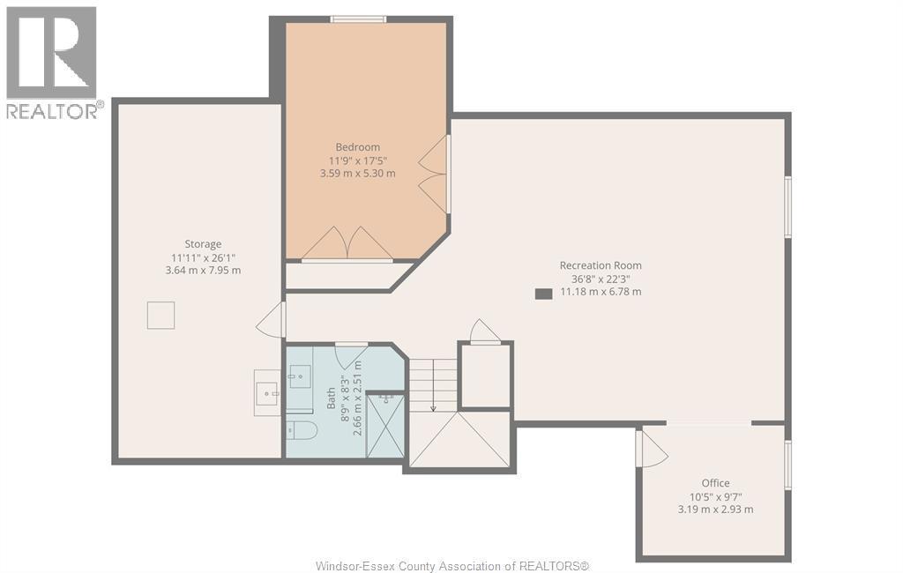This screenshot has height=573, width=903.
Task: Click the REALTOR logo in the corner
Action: point(52,62)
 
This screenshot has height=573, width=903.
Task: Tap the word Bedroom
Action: point(357,147)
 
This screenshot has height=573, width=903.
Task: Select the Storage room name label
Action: point(203,244)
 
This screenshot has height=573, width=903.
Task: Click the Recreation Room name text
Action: point(601,265)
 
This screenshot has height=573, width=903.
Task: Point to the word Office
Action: point(715,483)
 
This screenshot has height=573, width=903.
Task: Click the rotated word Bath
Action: point(332,398)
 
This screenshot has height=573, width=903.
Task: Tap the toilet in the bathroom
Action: point(302,431)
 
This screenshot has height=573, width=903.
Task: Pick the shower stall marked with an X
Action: point(385,425)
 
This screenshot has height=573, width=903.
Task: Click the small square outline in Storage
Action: point(160,315)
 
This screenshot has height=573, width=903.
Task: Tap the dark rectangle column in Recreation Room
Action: point(543,294)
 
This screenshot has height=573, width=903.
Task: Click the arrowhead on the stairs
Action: point(433,407)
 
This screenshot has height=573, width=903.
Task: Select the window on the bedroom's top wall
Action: point(358,19)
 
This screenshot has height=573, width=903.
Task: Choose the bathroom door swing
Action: point(352,354)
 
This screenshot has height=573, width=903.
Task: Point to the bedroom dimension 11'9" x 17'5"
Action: point(357,160)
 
